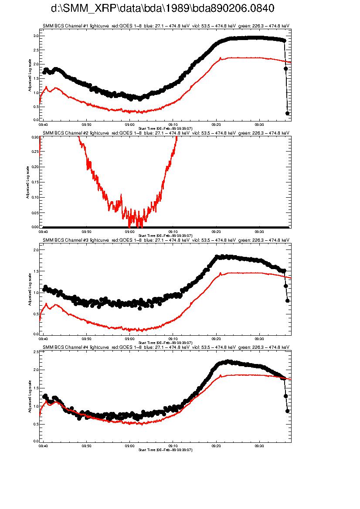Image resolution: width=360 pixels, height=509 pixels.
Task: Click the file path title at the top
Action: (x=163, y=9)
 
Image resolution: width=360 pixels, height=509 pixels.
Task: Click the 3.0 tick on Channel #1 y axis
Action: (x=36, y=36)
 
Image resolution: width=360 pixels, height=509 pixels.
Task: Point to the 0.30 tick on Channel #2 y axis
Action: (x=35, y=137)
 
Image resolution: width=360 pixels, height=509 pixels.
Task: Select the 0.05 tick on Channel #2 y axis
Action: (x=35, y=212)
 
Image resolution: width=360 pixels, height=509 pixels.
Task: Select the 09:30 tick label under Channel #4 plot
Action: (x=259, y=446)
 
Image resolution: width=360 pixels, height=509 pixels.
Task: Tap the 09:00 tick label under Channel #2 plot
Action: (x=129, y=232)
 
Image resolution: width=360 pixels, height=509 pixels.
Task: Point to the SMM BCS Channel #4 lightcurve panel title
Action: (x=166, y=347)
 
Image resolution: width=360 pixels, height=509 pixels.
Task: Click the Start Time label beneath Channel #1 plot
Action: (x=165, y=127)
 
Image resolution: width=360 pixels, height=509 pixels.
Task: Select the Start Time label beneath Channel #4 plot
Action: (x=165, y=449)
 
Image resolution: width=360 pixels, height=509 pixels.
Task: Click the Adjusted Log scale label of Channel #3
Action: (x=29, y=289)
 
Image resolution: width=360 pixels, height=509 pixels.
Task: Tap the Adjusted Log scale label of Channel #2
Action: (x=27, y=182)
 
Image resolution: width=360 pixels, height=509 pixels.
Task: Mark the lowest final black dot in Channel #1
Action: (x=287, y=113)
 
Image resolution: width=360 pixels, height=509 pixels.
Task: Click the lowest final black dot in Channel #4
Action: (x=287, y=411)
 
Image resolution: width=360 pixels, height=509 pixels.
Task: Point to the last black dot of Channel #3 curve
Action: (x=287, y=300)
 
